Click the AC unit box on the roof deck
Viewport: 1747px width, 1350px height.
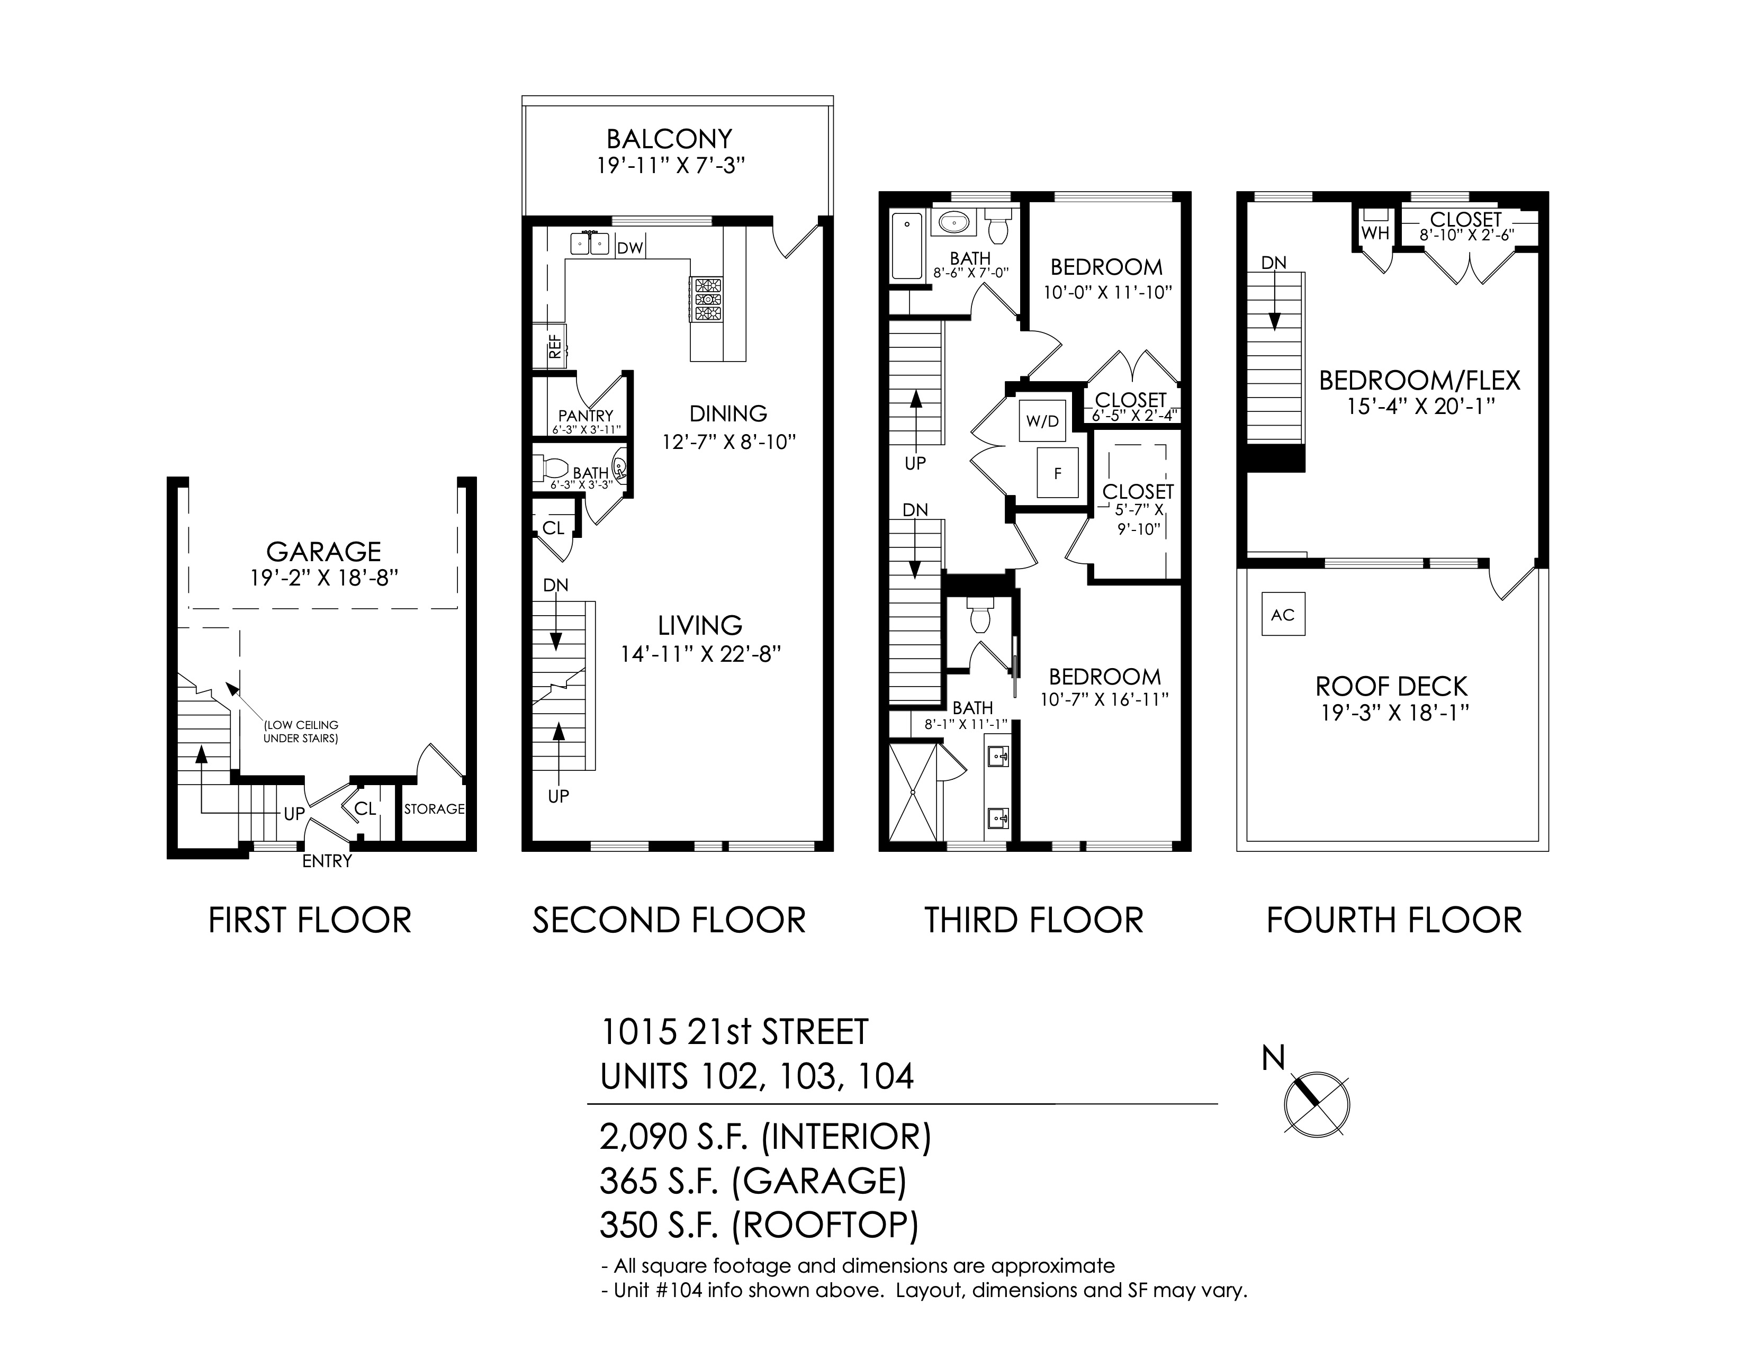(1283, 614)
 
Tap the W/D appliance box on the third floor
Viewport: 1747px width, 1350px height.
(1042, 421)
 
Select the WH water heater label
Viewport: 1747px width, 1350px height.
(1375, 233)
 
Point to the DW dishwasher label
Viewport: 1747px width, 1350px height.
(631, 248)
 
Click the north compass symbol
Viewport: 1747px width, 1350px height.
(1316, 1104)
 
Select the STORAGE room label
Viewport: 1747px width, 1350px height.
(434, 808)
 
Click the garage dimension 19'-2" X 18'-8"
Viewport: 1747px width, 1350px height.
(324, 578)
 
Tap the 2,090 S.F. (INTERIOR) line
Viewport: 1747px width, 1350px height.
(766, 1137)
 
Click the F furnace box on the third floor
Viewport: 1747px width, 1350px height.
(1058, 473)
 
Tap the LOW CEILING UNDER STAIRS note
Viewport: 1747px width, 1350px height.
(301, 732)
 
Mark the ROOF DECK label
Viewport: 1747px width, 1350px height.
(1392, 686)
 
